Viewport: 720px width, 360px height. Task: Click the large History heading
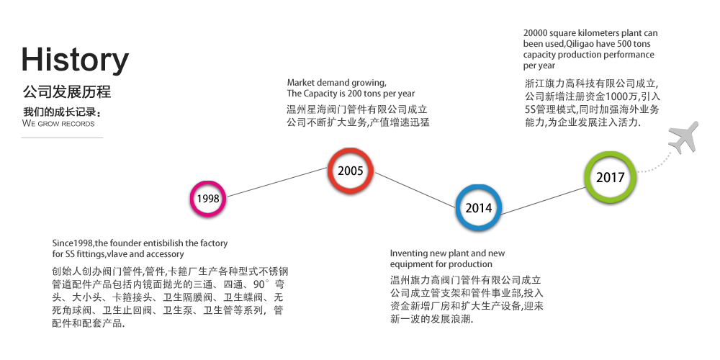pos(75,60)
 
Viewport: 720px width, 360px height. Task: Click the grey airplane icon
pos(684,138)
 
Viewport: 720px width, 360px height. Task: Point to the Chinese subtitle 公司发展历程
pos(66,92)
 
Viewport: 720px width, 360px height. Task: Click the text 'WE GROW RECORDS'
pos(58,124)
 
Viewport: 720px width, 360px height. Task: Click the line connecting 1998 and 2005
pos(277,182)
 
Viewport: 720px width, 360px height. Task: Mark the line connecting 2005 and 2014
pos(416,190)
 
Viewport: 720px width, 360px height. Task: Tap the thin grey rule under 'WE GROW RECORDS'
pos(63,138)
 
